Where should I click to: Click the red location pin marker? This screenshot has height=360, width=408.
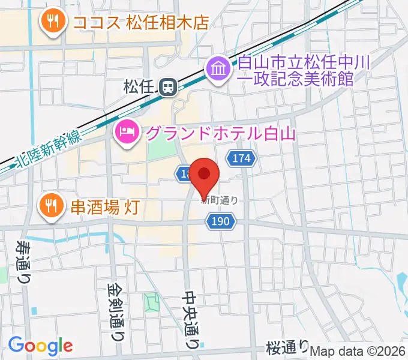click(x=205, y=175)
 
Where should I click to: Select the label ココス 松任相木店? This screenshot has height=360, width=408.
click(x=140, y=23)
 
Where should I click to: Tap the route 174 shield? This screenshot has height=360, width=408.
click(x=241, y=159)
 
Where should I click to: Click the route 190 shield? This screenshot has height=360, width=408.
click(x=220, y=222)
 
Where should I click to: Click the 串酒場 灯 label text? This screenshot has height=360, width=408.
click(x=106, y=207)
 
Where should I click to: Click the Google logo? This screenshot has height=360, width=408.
click(x=40, y=345)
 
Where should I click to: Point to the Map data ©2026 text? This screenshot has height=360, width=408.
click(x=358, y=352)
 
